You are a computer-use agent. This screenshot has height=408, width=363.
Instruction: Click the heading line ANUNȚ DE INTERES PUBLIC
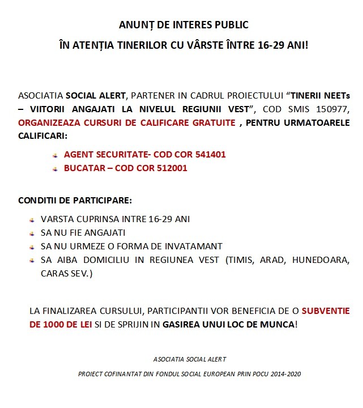click(x=183, y=25)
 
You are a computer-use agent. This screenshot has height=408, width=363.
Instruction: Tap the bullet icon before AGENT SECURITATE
click(x=55, y=155)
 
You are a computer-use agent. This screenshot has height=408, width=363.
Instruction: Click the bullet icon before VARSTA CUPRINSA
click(x=32, y=219)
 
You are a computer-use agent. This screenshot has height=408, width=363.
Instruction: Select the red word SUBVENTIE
click(x=325, y=311)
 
